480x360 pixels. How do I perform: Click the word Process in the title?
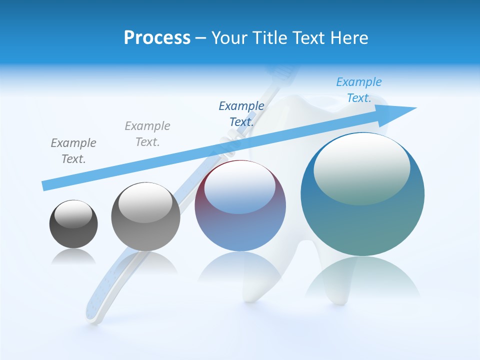tap(157, 38)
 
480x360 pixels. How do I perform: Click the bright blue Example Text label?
tap(358, 90)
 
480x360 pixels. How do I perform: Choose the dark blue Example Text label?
tap(241, 113)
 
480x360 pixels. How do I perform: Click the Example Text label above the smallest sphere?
tap(73, 150)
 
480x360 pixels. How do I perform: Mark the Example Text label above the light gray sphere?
tap(147, 133)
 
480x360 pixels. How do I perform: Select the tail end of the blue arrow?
tap(46, 185)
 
